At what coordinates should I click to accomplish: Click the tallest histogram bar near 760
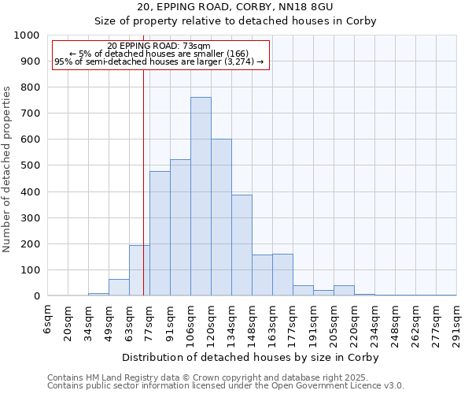tap(201, 197)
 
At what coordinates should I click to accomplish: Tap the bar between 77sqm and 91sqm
tap(160, 234)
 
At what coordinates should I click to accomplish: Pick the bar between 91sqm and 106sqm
tap(180, 229)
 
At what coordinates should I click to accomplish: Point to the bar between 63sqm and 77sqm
tap(139, 271)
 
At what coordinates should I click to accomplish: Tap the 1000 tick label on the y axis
tap(27, 35)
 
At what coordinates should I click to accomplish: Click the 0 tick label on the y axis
tap(36, 296)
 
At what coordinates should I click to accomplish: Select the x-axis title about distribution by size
tap(251, 357)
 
